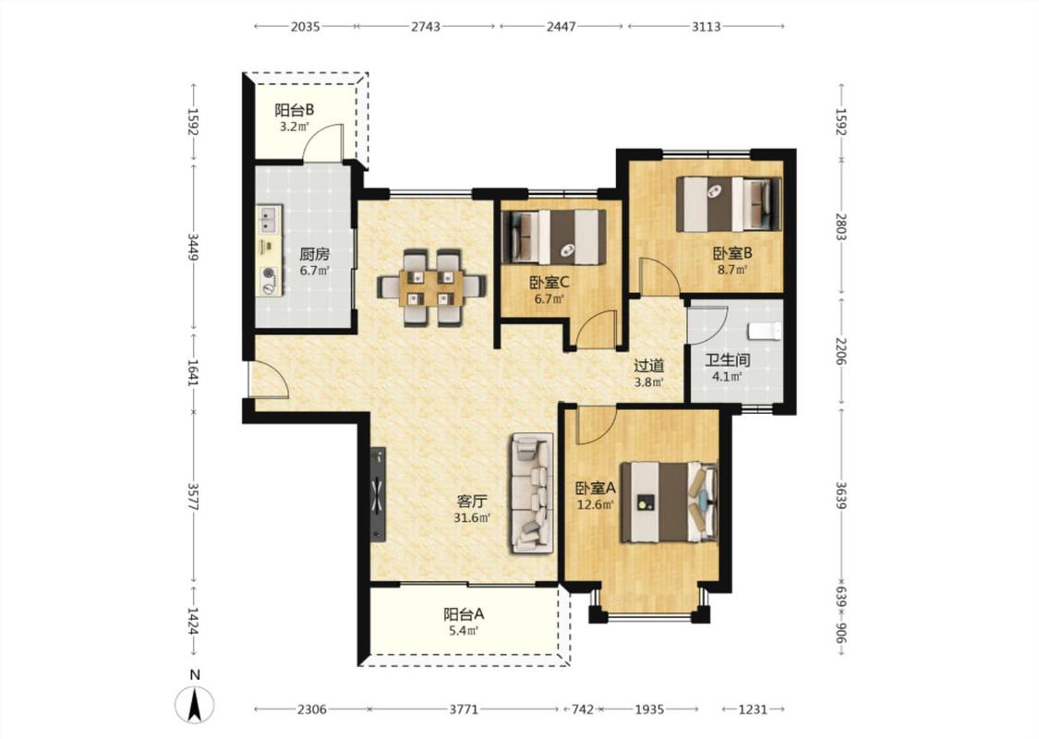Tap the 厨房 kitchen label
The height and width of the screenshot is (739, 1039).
(314, 255)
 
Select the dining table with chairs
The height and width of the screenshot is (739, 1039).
(431, 287)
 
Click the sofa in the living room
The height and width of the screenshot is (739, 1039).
(531, 492)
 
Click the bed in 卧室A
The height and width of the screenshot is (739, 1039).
(670, 502)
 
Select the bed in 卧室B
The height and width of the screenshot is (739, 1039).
(729, 204)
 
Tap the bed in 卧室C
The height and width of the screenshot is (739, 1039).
(555, 236)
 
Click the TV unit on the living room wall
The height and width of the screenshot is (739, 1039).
(378, 494)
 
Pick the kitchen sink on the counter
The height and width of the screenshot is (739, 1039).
(269, 219)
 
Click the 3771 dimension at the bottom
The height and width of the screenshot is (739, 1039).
(464, 709)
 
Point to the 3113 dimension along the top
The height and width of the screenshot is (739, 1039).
(706, 27)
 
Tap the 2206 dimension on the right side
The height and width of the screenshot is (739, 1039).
(840, 350)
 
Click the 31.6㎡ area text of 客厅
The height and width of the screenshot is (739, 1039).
(472, 517)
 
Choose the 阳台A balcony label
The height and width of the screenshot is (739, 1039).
(464, 614)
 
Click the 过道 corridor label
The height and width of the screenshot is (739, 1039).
(648, 366)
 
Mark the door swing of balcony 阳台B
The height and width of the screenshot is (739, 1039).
(322, 142)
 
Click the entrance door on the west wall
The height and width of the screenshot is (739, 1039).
(267, 380)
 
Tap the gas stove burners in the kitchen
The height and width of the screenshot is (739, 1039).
(269, 280)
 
